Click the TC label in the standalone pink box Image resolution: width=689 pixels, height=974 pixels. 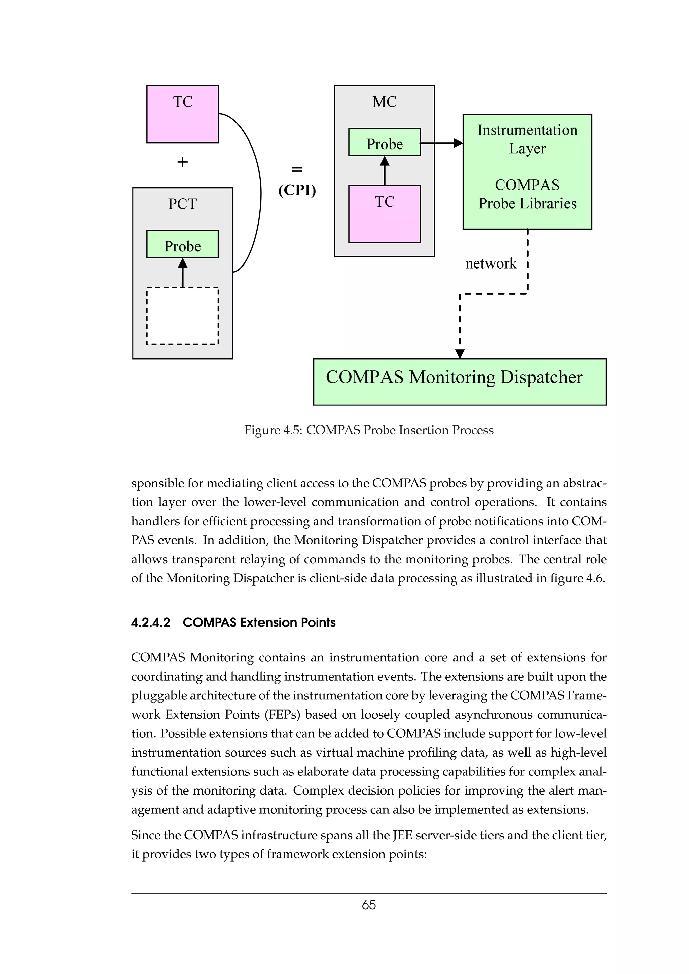(183, 102)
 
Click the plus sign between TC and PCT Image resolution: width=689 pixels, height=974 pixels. (183, 162)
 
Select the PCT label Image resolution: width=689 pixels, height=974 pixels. (183, 204)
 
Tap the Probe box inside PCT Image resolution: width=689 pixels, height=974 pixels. (183, 244)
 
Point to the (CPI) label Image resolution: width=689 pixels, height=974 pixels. (297, 190)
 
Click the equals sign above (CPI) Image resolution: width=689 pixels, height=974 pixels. (297, 169)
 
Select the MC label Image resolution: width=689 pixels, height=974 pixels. (384, 102)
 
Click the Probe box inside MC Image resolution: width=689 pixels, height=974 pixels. (384, 143)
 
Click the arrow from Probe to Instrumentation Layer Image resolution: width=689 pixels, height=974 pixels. (441, 143)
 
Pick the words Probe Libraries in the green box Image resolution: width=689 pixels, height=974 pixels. (527, 204)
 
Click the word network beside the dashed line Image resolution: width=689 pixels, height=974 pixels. (491, 263)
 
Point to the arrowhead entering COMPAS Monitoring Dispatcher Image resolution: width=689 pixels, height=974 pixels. (460, 353)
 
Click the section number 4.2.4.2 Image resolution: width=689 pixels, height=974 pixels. (150, 622)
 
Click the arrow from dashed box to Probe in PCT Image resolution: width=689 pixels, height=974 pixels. (183, 274)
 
